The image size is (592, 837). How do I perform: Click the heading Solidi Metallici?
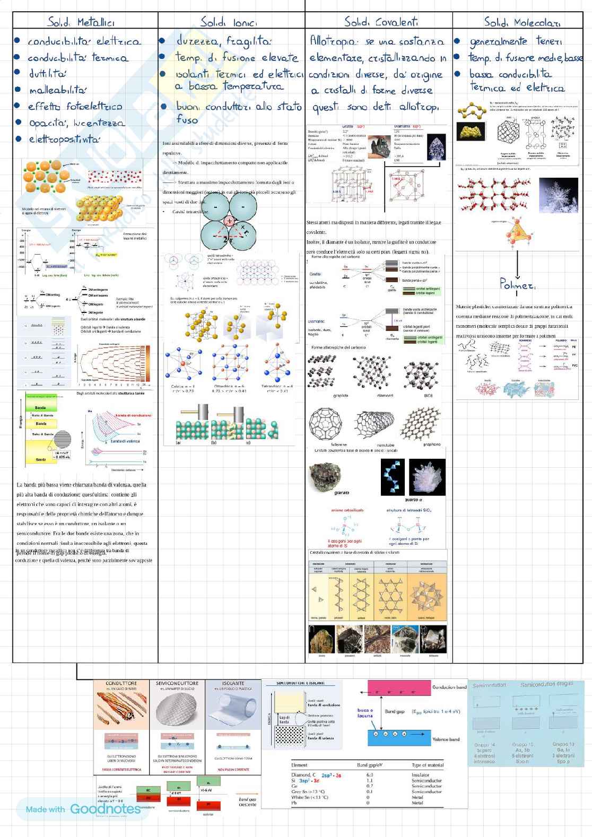[81, 22]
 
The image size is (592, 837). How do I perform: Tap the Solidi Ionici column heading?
[229, 22]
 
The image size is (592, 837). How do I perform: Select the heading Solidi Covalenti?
[381, 22]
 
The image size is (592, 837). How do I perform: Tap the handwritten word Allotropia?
[334, 41]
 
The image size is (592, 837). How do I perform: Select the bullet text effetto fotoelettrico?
[75, 107]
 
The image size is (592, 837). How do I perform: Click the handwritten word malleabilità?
[57, 90]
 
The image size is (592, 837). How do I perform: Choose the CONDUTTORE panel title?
[121, 684]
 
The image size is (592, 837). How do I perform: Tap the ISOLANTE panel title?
[233, 684]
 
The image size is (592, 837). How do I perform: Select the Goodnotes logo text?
[105, 809]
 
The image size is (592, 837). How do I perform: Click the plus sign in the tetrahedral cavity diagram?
[229, 221]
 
